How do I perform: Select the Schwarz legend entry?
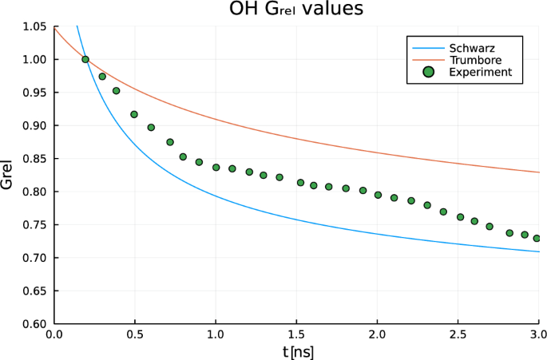[472, 48]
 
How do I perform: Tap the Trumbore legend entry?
[476, 60]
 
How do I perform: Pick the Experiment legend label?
[480, 72]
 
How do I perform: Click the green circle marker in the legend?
[429, 72]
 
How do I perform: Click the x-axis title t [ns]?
[296, 350]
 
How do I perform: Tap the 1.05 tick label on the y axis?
[34, 26]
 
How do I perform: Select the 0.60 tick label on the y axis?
[34, 324]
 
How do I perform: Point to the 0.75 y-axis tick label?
[34, 225]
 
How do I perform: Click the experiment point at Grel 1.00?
[85, 59]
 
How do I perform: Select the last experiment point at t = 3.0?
[537, 238]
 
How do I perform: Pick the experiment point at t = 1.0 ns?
[216, 168]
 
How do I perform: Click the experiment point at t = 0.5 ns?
[134, 114]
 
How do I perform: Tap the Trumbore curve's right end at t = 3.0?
[539, 172]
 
